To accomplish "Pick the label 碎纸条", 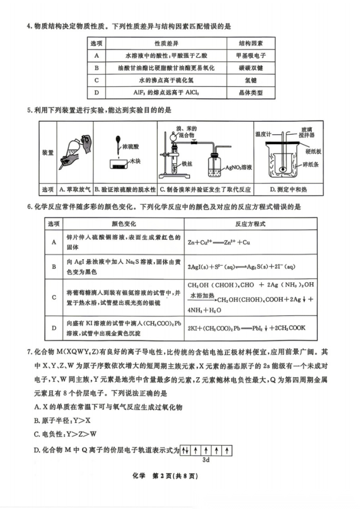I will click(313, 165).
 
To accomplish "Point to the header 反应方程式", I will click(250, 224).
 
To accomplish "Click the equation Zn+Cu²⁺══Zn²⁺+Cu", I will click(219, 242).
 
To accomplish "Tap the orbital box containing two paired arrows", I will click(185, 451).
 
